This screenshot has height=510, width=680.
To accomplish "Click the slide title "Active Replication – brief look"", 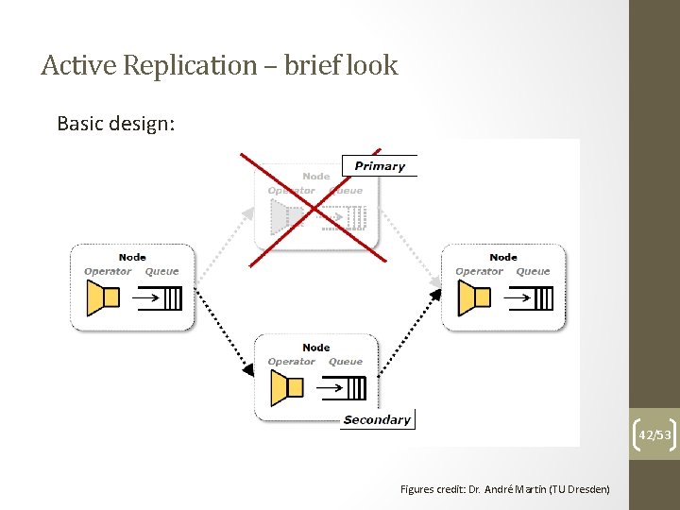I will pos(219,65).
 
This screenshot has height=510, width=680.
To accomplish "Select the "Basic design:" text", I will pos(115,124).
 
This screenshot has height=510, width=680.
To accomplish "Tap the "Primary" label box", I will pos(379,166).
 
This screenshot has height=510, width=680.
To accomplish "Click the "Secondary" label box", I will pos(377,419).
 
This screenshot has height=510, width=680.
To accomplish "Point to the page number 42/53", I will pos(654,434).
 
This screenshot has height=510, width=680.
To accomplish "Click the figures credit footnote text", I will pos(504,488).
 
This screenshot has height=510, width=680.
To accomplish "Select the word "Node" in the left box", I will pos(132,257).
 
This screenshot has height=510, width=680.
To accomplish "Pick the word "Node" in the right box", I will pos(503,257).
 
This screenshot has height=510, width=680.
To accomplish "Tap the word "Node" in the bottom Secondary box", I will pos(316,348).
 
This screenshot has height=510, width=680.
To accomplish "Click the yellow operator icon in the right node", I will pos(474,298).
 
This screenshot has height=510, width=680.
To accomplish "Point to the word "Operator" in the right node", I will pos(479,272).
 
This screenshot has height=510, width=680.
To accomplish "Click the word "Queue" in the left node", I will pos(161,272).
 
